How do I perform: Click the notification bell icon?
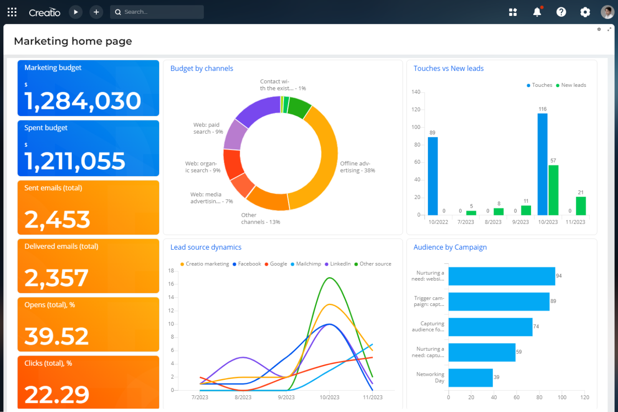(537, 12)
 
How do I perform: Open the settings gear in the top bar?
(585, 12)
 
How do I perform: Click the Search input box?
(161, 12)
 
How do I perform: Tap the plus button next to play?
(96, 12)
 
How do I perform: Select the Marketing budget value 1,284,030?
(83, 101)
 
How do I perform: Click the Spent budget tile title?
(46, 128)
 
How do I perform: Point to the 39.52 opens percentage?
(56, 336)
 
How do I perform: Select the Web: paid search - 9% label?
(208, 128)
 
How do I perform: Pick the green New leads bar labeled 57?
(553, 190)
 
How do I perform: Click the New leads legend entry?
(573, 85)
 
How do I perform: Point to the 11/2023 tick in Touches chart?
(575, 222)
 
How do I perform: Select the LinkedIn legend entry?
(340, 264)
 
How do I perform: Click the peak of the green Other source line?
(329, 278)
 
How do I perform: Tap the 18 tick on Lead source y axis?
(171, 271)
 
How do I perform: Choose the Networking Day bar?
(470, 377)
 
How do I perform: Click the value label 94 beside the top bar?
(559, 276)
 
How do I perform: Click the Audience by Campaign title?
(450, 247)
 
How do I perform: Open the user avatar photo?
(607, 12)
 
